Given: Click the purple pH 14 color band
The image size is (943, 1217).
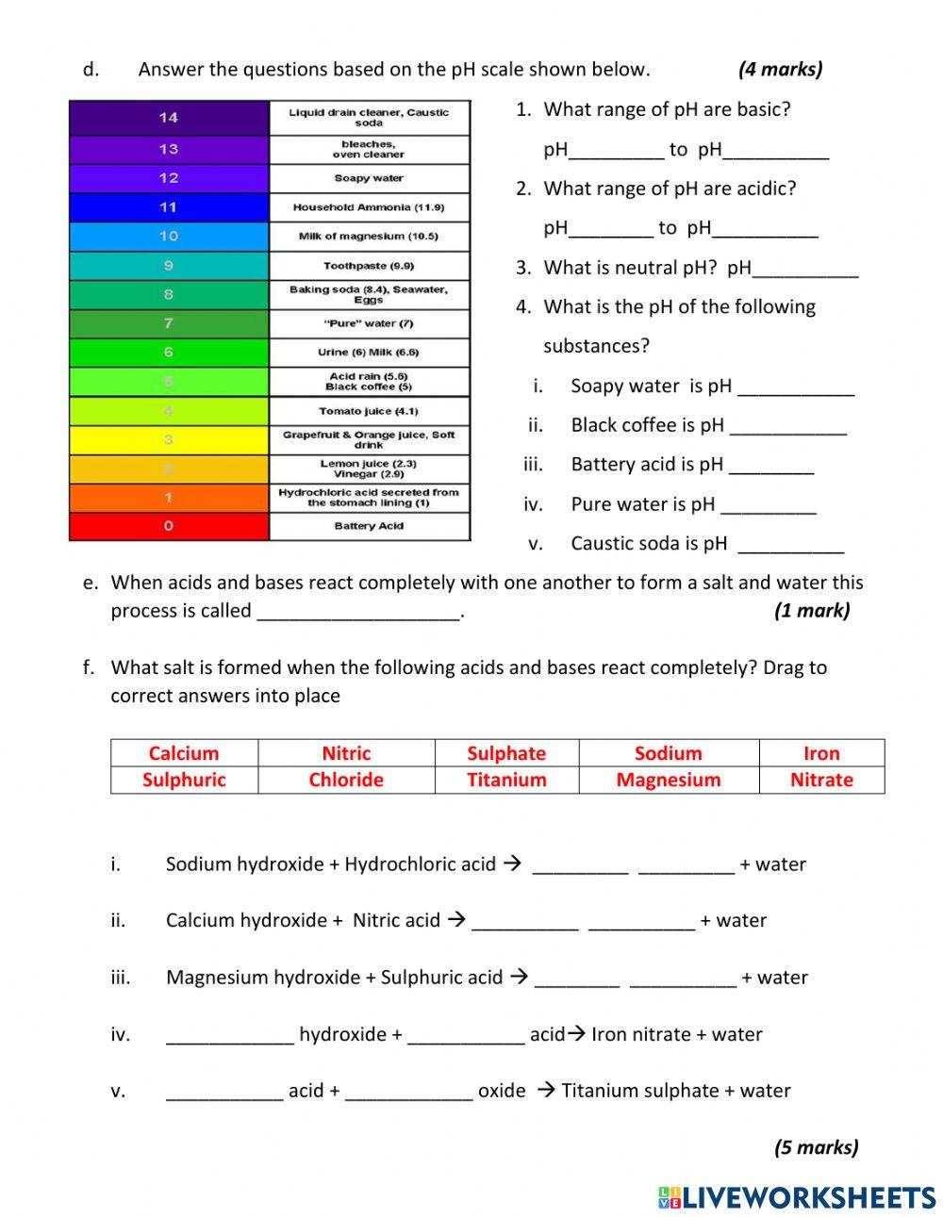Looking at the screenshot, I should pyautogui.click(x=169, y=118).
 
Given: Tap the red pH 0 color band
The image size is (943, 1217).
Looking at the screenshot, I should pyautogui.click(x=169, y=526).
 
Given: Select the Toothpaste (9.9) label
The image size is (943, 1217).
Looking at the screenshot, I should pyautogui.click(x=369, y=266).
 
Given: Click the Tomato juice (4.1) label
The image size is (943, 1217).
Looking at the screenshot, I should pyautogui.click(x=369, y=411).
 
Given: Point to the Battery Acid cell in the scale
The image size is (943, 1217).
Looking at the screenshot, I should pyautogui.click(x=369, y=526).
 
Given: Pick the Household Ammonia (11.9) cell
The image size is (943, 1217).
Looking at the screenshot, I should pyautogui.click(x=369, y=207).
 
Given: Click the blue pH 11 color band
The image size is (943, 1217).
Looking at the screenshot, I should pyautogui.click(x=169, y=207).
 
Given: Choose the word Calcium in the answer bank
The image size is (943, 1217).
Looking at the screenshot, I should pyautogui.click(x=184, y=753).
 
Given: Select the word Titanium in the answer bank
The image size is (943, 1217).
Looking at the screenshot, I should pyautogui.click(x=506, y=780).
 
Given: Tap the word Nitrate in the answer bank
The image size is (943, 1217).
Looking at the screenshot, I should pyautogui.click(x=821, y=780).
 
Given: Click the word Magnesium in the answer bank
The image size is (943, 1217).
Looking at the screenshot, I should pyautogui.click(x=668, y=780).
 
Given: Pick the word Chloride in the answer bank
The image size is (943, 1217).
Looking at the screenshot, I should pyautogui.click(x=346, y=780).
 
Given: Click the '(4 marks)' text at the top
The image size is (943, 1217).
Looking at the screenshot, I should pyautogui.click(x=780, y=69).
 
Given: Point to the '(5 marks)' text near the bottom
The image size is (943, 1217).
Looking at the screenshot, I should pyautogui.click(x=816, y=1147).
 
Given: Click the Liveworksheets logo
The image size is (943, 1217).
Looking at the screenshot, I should pyautogui.click(x=796, y=1197).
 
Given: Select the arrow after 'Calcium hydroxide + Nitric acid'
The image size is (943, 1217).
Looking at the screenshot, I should pyautogui.click(x=456, y=919).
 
